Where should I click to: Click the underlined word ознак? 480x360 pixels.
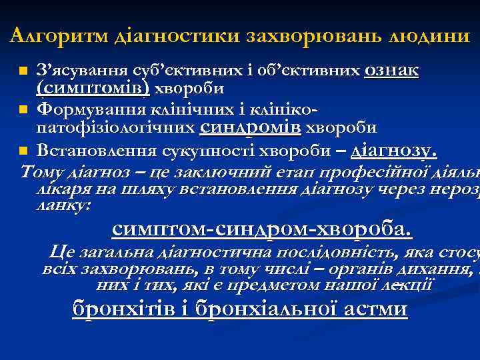tap(391, 71)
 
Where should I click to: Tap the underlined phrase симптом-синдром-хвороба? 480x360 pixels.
tap(262, 230)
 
